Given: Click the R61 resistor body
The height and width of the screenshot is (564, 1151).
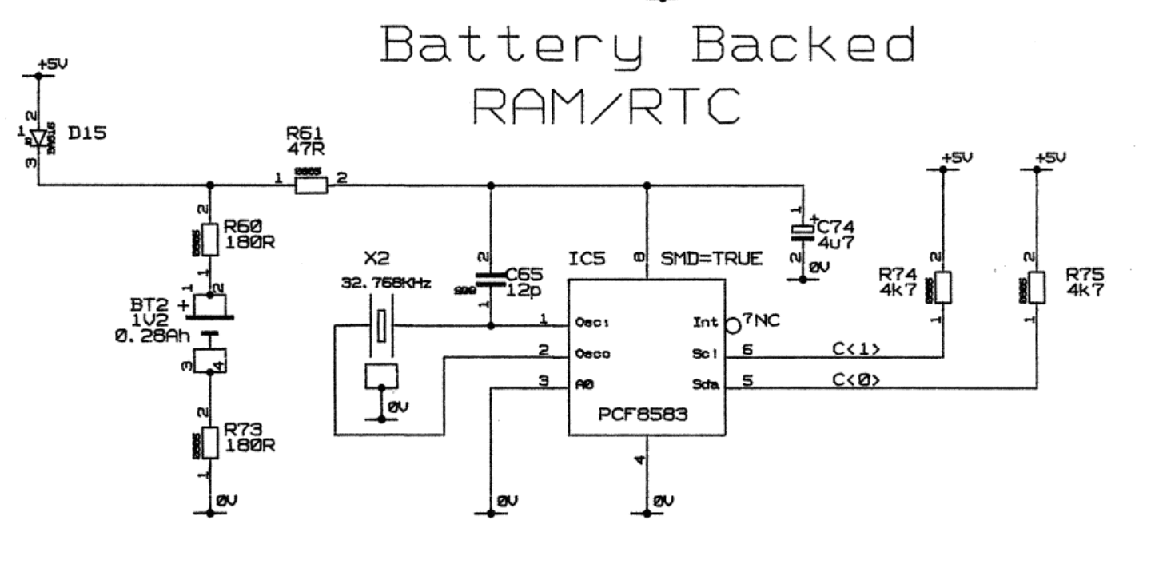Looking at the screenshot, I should tap(310, 186).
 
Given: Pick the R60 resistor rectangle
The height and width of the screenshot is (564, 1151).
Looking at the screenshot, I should tap(210, 239).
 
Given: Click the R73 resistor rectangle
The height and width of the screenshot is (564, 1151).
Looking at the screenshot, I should tap(210, 442).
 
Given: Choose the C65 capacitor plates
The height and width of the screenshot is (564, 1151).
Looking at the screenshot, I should tap(491, 280).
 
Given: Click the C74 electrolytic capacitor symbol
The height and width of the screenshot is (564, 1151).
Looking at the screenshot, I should tap(802, 231).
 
